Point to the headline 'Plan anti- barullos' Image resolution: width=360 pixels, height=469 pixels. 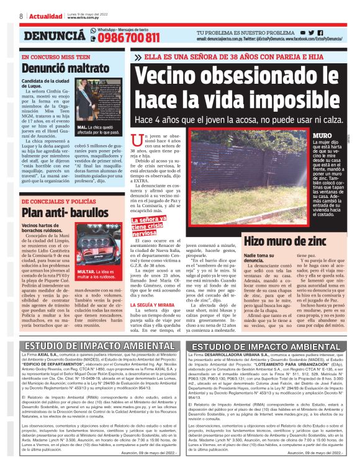pos(55,213)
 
